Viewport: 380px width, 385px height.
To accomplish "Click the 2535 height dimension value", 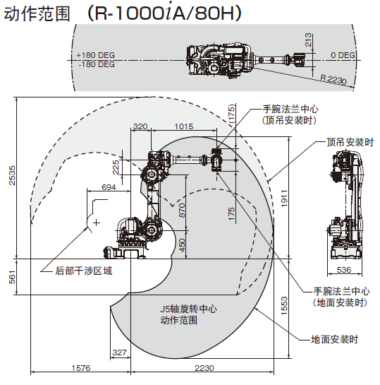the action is (12, 175).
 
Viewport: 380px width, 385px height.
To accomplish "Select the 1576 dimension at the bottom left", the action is (81, 368).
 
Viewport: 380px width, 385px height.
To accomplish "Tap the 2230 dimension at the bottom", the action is (204, 368).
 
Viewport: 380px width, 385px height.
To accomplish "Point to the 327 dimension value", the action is (119, 353).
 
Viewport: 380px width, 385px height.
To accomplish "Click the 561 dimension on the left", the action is (12, 277).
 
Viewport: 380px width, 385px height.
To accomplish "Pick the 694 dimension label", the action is (109, 187).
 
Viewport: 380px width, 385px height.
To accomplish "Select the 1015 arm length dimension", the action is (184, 126).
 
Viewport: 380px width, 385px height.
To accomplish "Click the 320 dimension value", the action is (140, 126).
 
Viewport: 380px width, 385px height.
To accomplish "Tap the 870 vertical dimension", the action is (182, 211).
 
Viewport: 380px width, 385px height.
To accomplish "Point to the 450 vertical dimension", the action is (182, 245).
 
